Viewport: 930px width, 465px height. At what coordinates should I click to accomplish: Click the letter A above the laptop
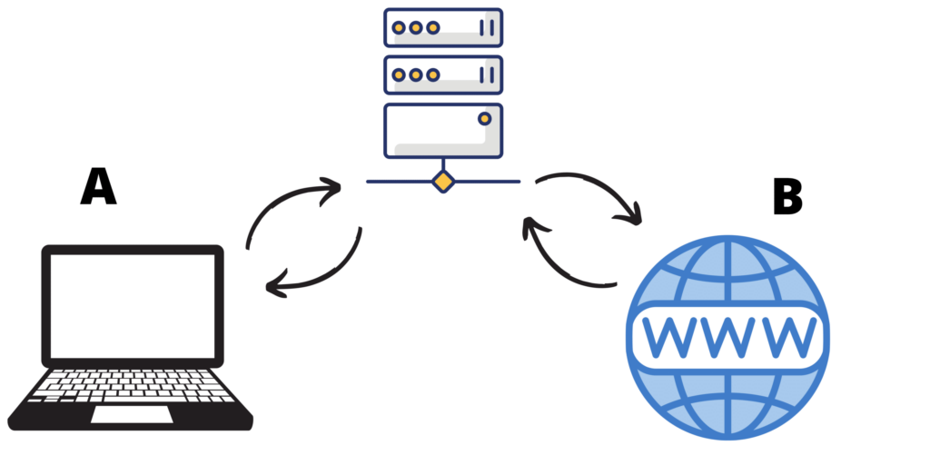pyautogui.click(x=98, y=187)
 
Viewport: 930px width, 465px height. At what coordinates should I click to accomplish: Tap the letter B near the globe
pyautogui.click(x=787, y=198)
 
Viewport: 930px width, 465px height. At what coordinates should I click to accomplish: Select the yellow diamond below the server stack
pyautogui.click(x=442, y=182)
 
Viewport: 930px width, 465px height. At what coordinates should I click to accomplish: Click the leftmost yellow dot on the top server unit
pyautogui.click(x=398, y=28)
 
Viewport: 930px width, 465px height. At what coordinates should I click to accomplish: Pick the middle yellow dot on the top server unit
pyautogui.click(x=415, y=28)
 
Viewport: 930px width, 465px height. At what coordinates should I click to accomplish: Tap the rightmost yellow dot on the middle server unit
pyautogui.click(x=433, y=74)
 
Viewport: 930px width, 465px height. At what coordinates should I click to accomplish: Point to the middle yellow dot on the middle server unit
pyautogui.click(x=415, y=74)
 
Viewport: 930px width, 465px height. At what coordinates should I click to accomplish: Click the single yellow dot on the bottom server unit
pyautogui.click(x=484, y=118)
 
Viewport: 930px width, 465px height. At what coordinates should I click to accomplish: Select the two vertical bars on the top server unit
pyautogui.click(x=487, y=28)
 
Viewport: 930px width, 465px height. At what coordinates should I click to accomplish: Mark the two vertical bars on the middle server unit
pyautogui.click(x=487, y=74)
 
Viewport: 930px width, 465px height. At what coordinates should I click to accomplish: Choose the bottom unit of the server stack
pyautogui.click(x=442, y=131)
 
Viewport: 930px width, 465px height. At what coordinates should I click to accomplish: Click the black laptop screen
pyautogui.click(x=132, y=304)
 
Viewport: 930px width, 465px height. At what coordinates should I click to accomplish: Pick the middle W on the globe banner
pyautogui.click(x=727, y=336)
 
